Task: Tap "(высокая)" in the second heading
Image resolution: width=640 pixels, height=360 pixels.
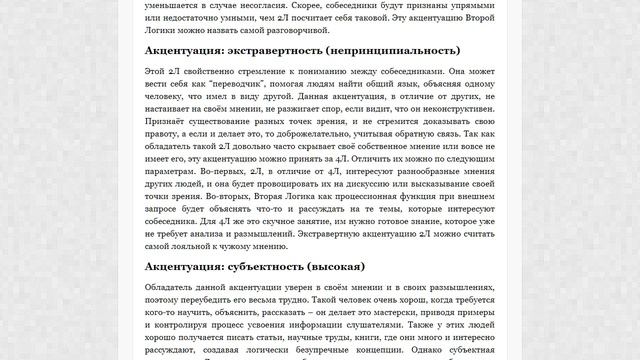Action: (364, 267)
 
